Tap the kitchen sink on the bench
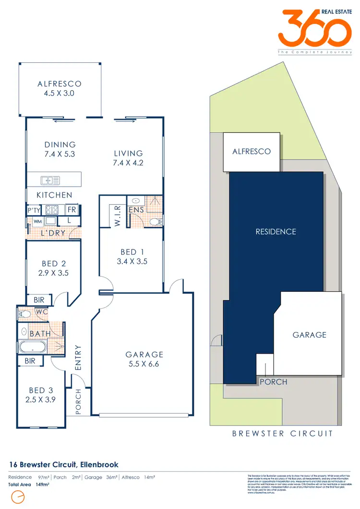pyautogui.click(x=50, y=180)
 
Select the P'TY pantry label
pyautogui.click(x=34, y=210)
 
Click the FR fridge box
pyautogui.click(x=72, y=210)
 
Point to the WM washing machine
pyautogui.click(x=37, y=222)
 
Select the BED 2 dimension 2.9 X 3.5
pyautogui.click(x=53, y=272)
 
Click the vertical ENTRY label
pyautogui.click(x=78, y=357)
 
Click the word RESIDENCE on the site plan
pyautogui.click(x=276, y=232)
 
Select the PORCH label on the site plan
pyautogui.click(x=274, y=382)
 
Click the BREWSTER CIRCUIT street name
pyautogui.click(x=282, y=434)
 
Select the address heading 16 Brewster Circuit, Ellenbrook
pyautogui.click(x=64, y=464)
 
